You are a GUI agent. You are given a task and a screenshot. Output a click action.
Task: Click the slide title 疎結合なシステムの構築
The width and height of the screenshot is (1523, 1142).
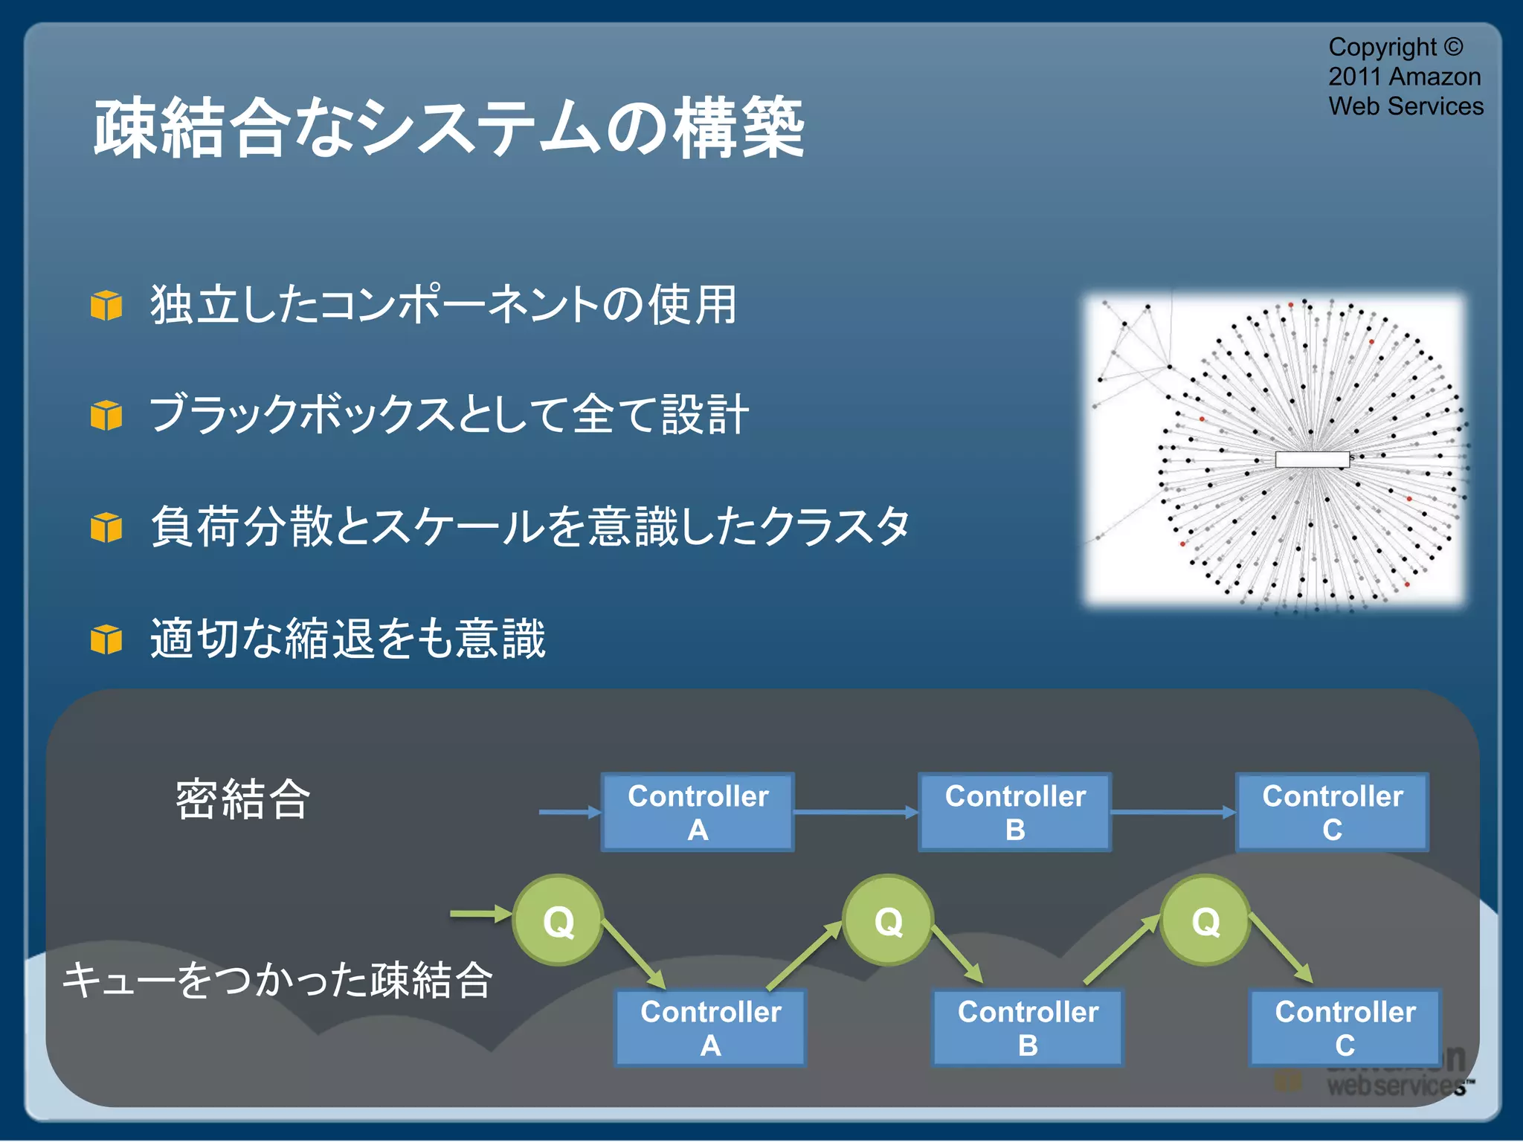(448, 128)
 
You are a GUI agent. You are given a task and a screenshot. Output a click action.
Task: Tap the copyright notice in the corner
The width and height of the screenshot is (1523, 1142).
(1405, 77)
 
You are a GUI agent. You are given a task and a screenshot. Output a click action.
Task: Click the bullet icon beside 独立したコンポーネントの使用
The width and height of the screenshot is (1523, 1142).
(106, 306)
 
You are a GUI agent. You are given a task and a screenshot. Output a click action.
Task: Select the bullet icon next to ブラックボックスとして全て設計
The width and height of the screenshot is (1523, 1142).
(106, 416)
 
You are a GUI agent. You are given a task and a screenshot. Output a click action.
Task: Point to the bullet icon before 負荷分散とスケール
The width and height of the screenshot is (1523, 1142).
(106, 527)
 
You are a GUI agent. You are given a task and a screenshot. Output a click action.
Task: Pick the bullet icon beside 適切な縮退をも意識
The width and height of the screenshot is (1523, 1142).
(106, 639)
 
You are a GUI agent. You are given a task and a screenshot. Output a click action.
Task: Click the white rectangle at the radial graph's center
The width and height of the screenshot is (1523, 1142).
(1312, 459)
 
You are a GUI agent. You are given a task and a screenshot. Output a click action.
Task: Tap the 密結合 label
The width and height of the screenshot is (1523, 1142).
(242, 800)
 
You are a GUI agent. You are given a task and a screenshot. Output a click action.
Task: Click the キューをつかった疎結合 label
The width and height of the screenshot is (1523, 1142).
(277, 979)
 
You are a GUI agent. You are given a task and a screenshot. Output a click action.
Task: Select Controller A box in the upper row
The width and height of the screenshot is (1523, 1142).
(698, 812)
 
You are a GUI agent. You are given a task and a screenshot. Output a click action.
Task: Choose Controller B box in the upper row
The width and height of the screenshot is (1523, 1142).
(1015, 812)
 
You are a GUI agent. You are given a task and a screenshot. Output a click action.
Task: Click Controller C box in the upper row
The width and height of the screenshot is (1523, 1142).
(1332, 812)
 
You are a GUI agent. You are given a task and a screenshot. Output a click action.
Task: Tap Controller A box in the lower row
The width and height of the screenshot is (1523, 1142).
(710, 1028)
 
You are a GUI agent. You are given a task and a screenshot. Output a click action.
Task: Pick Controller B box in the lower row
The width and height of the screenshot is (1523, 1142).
(1028, 1028)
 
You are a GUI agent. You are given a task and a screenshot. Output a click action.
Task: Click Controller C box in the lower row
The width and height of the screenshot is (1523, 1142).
(1345, 1028)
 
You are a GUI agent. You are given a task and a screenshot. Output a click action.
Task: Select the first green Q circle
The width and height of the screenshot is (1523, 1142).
(558, 920)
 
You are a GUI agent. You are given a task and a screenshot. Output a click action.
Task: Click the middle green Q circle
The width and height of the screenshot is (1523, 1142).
(888, 920)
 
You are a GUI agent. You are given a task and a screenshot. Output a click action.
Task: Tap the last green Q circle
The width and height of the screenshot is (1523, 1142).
(1205, 920)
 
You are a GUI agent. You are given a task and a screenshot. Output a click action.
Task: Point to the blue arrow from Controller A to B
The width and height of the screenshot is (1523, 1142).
(855, 812)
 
